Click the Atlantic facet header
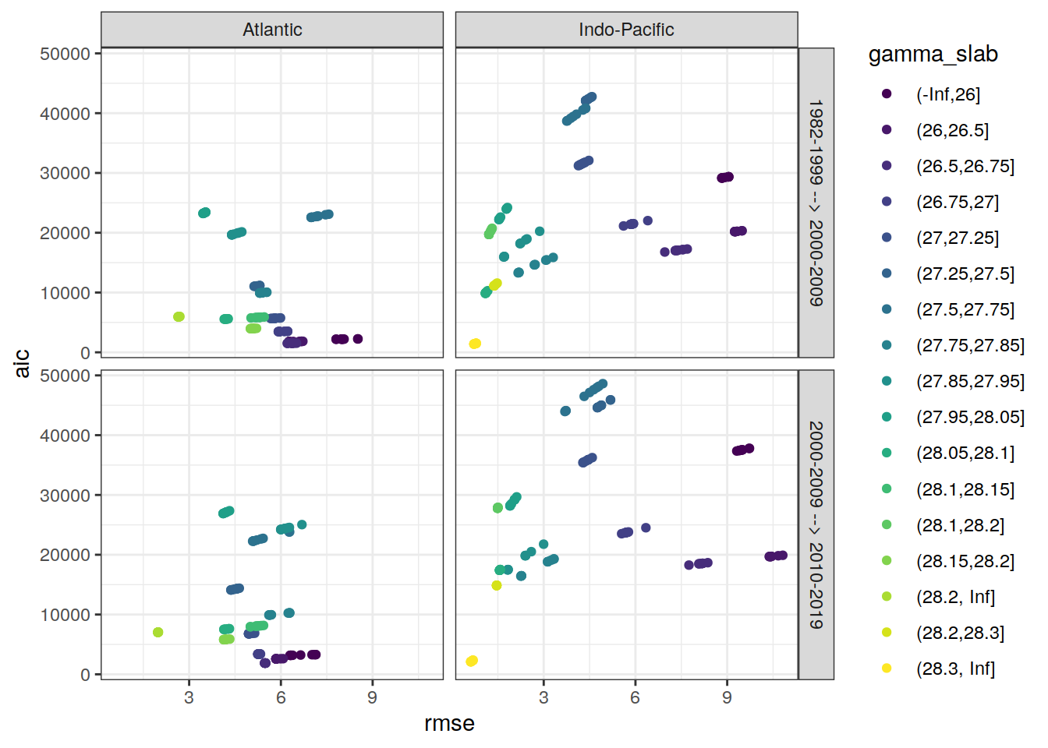[x=272, y=30]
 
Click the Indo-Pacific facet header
[x=626, y=30]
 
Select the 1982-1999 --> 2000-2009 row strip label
[x=816, y=203]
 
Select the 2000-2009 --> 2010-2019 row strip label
[x=816, y=524]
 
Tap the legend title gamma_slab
[x=933, y=55]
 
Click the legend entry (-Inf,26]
[x=947, y=94]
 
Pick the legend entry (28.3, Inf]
[x=955, y=669]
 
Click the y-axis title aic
[x=23, y=363]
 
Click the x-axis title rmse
[x=449, y=723]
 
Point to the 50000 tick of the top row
[x=65, y=54]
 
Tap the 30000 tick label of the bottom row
[x=65, y=496]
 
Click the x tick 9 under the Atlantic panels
[x=373, y=697]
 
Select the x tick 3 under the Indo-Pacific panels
[x=543, y=697]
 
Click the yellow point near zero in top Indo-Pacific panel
[x=475, y=344]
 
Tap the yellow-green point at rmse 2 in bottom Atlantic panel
[x=158, y=633]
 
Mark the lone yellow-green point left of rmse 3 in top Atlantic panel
[x=179, y=317]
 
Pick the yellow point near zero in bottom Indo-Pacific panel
[x=471, y=662]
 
